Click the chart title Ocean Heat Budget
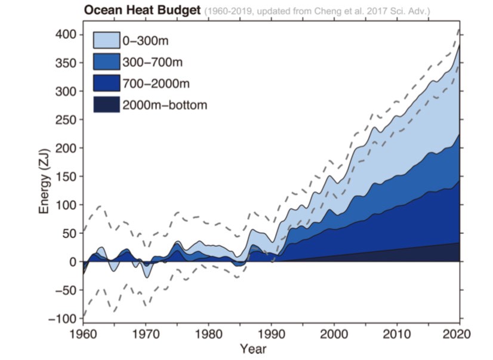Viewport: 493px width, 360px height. coord(143,10)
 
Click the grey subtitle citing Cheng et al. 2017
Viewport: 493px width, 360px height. coord(317,11)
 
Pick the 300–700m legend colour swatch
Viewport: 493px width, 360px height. coord(105,61)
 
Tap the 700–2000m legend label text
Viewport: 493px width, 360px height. coord(156,83)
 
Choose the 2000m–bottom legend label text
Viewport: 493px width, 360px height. coord(165,105)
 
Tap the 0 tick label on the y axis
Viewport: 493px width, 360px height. coord(73,261)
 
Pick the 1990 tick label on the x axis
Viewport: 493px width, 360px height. coord(272,333)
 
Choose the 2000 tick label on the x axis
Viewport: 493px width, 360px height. coord(334,333)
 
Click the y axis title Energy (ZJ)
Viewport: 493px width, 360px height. coord(45,177)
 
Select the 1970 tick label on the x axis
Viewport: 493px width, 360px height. coord(146,333)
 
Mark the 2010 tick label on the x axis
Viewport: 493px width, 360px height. coord(397,333)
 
